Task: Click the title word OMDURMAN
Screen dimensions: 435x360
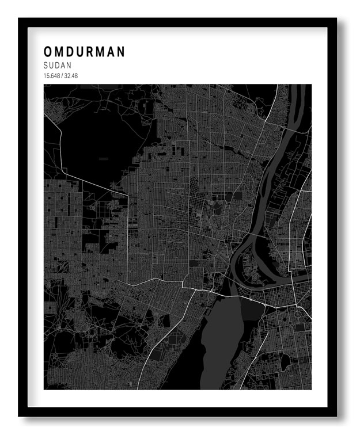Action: [x=84, y=52]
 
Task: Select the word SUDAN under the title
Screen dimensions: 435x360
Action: [x=58, y=66]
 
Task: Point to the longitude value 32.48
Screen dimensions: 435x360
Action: [x=70, y=76]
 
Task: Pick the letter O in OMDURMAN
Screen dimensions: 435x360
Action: [x=47, y=52]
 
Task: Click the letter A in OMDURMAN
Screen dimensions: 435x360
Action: [x=111, y=52]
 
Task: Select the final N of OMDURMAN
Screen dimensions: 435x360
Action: [x=121, y=52]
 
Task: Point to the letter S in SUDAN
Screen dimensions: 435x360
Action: [x=46, y=66]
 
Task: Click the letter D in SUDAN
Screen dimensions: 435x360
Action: [x=58, y=66]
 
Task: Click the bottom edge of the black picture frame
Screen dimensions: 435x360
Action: [x=179, y=412]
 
